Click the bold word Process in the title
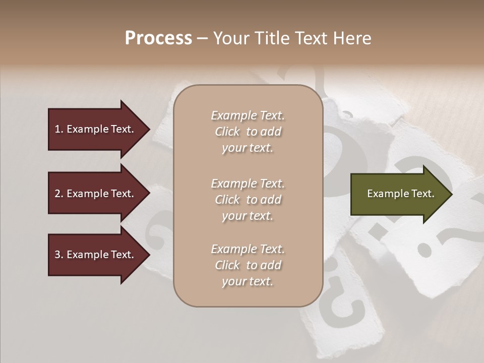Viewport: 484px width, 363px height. point(158,38)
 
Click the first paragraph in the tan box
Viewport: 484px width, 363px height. point(248,132)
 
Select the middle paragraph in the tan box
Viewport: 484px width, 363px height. point(248,200)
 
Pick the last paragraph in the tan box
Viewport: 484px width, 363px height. point(248,265)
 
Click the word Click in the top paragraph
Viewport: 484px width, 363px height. point(227,132)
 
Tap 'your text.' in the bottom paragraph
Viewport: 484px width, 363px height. point(248,281)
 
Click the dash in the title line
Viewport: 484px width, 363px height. point(202,39)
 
